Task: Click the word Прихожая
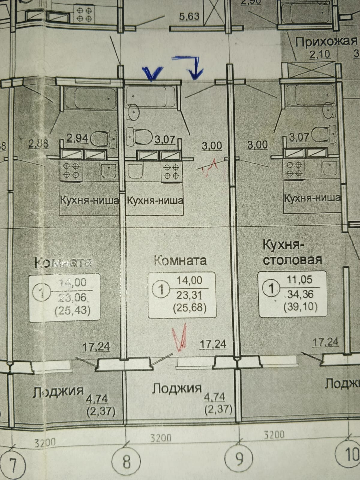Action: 326,41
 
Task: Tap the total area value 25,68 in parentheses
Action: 190,308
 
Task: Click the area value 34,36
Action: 300,294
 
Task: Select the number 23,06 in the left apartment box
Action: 74,297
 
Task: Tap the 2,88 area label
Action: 38,143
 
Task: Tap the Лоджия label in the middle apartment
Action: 176,388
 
